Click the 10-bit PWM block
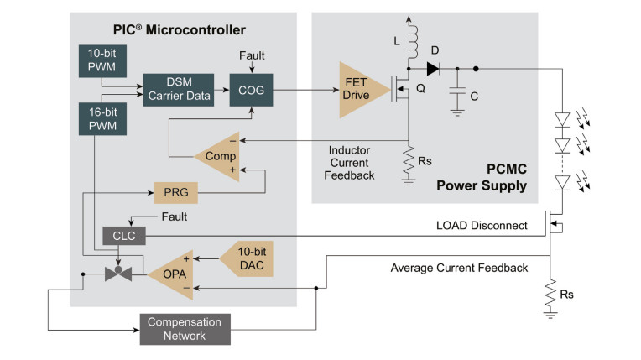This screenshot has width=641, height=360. point(102,61)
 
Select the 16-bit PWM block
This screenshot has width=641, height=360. point(102,119)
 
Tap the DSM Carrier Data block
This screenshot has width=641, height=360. point(179,90)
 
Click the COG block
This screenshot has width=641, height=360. point(252,90)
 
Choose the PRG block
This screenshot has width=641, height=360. point(176,193)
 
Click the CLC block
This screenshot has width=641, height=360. point(124,236)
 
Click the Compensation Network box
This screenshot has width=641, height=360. point(185,329)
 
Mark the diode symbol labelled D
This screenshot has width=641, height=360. point(433,69)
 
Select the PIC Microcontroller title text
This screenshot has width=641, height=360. point(180,30)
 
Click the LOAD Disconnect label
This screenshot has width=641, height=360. point(482,226)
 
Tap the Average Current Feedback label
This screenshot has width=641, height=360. point(459,268)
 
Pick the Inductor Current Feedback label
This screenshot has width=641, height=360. point(350,163)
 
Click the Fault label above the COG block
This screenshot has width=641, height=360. point(252,55)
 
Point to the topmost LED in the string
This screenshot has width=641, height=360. point(562,120)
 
